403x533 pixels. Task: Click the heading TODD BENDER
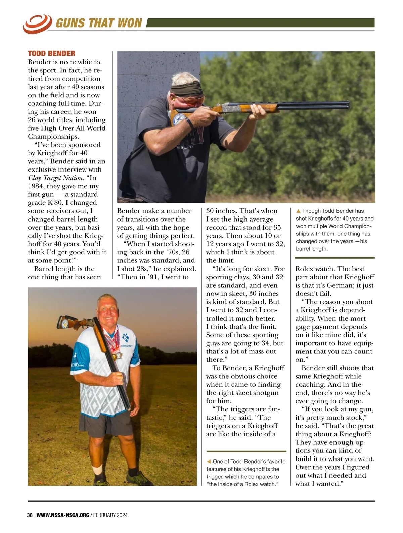click(x=51, y=54)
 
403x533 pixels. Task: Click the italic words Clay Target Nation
click(x=55, y=178)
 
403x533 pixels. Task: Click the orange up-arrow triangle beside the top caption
click(x=298, y=211)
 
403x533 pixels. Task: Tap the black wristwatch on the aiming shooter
click(x=190, y=123)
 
